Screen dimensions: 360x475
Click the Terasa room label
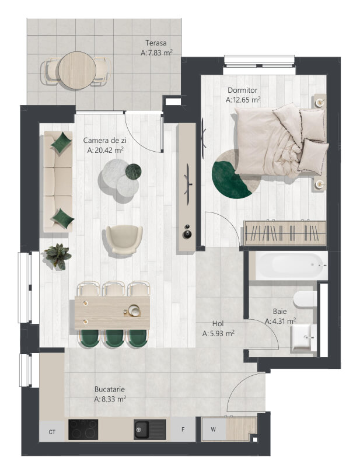pos(156,43)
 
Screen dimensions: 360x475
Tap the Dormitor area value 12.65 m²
pos(243,100)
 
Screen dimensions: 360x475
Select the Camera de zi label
pos(105,140)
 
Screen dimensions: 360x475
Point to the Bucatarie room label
pos(110,389)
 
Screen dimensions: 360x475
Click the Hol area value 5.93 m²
pos(218,334)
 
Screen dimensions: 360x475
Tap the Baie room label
pos(279,312)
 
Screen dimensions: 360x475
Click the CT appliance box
pos(52,432)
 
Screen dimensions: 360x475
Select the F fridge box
pos(183,429)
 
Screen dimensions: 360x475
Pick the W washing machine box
pos(214,429)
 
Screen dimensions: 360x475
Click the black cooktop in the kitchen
pos(83,429)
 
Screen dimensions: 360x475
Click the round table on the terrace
pos(77,71)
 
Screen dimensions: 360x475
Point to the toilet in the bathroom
pos(305,299)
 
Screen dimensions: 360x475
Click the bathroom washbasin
pos(301,337)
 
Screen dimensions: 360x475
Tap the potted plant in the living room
pos(58,256)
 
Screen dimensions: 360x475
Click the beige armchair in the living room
pos(124,239)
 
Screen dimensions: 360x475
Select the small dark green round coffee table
pos(134,171)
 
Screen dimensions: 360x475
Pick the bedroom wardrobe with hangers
pos(285,233)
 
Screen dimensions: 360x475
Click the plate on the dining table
pos(134,310)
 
